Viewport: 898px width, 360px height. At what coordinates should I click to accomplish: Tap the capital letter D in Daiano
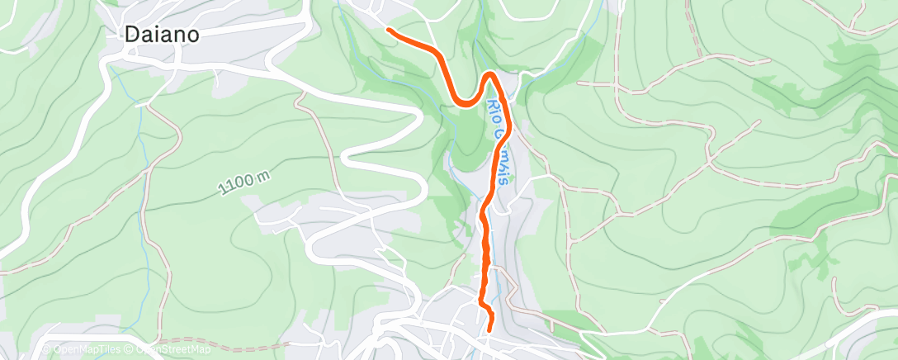[131, 35]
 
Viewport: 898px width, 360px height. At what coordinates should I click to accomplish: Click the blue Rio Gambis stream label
[499, 140]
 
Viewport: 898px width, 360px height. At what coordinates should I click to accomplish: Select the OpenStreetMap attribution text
[171, 350]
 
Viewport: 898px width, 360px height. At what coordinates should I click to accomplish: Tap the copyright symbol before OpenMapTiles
[47, 350]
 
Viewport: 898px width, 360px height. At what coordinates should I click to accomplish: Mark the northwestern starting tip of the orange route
[388, 31]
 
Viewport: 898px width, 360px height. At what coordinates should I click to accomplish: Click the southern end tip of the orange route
[490, 329]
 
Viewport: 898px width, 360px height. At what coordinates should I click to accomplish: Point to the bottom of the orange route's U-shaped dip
[466, 104]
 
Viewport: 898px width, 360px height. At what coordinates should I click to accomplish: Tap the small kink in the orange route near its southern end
[485, 308]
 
